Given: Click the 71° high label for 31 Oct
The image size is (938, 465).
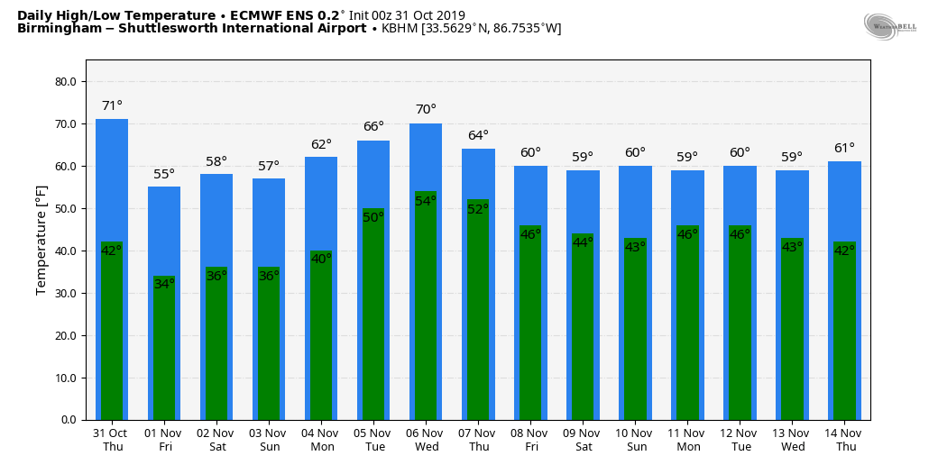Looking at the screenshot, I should (x=112, y=106).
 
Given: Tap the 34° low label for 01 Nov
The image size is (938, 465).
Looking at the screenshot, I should (x=164, y=284).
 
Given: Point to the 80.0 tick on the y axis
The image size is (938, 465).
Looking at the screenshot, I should (x=66, y=82).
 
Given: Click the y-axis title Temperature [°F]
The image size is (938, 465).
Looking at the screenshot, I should (x=41, y=239).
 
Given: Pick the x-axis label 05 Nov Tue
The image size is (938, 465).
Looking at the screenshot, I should (x=373, y=440).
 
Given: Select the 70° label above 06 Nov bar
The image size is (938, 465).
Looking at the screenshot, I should (x=426, y=110).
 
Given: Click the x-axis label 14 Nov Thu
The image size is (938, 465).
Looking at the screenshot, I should (x=844, y=440).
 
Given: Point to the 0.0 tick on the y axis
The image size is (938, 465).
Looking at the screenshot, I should (x=69, y=420).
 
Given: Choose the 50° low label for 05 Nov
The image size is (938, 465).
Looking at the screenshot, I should (x=373, y=217).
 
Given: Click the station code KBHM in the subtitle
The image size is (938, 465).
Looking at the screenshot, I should (x=400, y=29).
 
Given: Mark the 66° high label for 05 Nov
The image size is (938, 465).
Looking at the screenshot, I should (x=373, y=127).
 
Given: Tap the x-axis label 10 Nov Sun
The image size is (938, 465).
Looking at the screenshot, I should (x=635, y=440).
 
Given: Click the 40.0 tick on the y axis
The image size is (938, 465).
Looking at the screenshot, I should (x=66, y=251).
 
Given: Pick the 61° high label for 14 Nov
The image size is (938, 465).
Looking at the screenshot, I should (x=844, y=149).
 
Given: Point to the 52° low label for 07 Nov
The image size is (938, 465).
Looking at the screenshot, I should (x=478, y=209).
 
